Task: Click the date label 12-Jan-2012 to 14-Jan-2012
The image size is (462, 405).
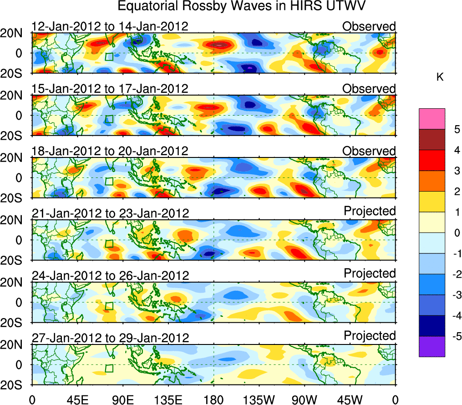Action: [110, 26]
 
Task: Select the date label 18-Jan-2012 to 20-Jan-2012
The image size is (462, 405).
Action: [110, 151]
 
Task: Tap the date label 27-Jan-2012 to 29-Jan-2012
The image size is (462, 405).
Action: [110, 338]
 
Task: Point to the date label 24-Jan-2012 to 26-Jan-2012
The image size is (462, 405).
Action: [110, 276]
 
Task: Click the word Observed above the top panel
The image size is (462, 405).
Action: [369, 26]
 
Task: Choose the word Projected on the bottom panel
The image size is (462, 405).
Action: [370, 336]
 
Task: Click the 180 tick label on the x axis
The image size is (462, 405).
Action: [213, 399]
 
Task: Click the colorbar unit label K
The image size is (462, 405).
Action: [440, 78]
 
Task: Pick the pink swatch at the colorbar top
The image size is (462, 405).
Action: [432, 119]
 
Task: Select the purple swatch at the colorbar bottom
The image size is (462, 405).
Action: [432, 346]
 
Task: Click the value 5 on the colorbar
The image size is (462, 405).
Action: [455, 129]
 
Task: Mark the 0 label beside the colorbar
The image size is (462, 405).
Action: [455, 233]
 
